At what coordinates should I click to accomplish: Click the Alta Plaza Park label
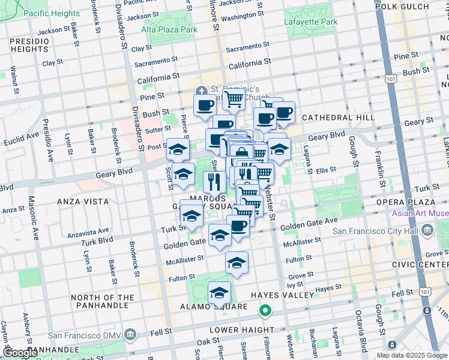[x=169, y=29]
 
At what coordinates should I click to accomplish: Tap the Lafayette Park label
[x=310, y=22]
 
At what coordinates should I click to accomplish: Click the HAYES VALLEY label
[x=283, y=295]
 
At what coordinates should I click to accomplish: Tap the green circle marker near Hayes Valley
[x=264, y=311]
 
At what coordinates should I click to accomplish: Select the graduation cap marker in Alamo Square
[x=220, y=293]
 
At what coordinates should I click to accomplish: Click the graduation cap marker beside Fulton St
[x=237, y=262]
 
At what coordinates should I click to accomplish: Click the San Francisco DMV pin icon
[x=131, y=335]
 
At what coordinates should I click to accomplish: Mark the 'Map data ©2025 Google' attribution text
[x=411, y=355]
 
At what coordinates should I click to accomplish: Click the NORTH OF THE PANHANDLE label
[x=103, y=302]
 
